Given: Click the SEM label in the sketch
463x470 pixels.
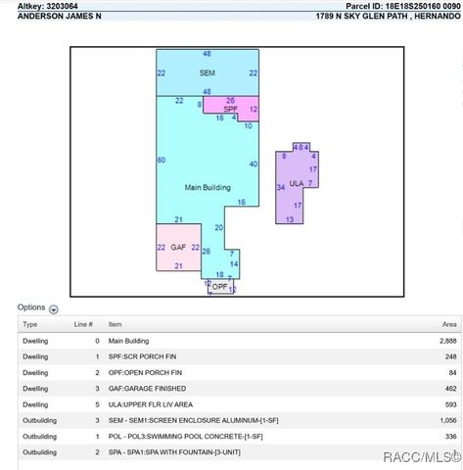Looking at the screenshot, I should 207,73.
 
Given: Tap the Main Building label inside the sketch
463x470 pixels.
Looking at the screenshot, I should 207,186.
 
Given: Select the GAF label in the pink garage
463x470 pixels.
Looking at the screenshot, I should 178,248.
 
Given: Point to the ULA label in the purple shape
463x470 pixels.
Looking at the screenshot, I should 297,183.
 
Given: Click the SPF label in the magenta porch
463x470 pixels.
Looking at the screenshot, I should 230,108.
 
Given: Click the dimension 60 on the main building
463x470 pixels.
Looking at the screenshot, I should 162,160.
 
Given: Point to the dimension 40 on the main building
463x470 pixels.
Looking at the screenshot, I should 254,164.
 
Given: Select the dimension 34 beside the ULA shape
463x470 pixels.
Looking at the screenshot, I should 281,186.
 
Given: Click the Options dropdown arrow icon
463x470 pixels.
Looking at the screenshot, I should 54,308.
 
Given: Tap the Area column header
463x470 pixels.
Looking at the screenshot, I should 449,324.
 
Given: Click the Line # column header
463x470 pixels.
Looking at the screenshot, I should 83,324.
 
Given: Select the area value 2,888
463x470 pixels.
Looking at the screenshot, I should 447,341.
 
